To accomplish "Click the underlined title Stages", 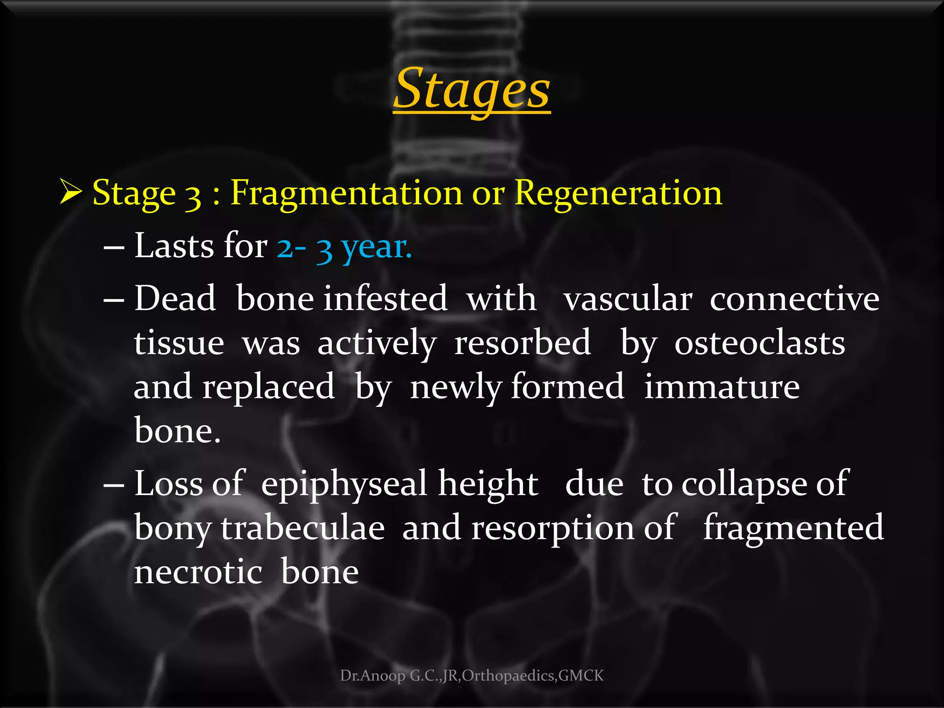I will click(x=472, y=90).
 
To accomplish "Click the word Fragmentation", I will click(x=346, y=193).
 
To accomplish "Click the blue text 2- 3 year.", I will click(x=344, y=247).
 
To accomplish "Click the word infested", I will click(x=385, y=299).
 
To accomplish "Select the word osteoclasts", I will click(x=760, y=343).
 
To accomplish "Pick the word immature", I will click(x=722, y=387).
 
